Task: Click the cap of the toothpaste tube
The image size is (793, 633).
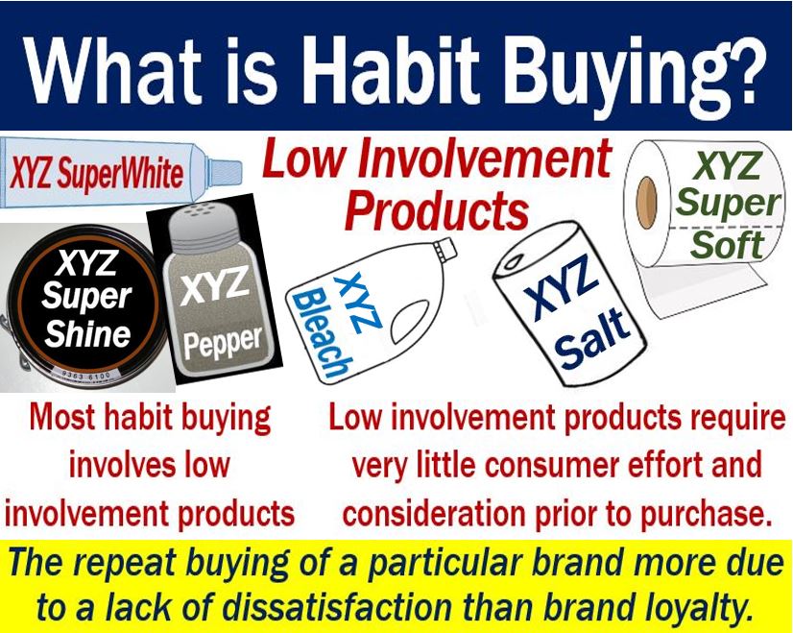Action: (x=224, y=172)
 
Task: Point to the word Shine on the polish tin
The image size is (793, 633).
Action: (x=87, y=334)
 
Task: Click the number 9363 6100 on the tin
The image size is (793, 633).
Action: (x=85, y=376)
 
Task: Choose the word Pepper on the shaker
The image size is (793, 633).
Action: (x=223, y=343)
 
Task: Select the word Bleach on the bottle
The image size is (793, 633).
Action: (x=323, y=335)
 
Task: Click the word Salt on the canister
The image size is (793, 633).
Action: (x=592, y=339)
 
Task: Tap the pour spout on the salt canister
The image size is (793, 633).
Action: (x=515, y=262)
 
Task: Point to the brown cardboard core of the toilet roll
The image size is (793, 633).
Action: (x=646, y=203)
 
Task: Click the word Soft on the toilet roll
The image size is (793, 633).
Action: (x=727, y=245)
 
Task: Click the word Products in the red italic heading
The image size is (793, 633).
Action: (x=437, y=210)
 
